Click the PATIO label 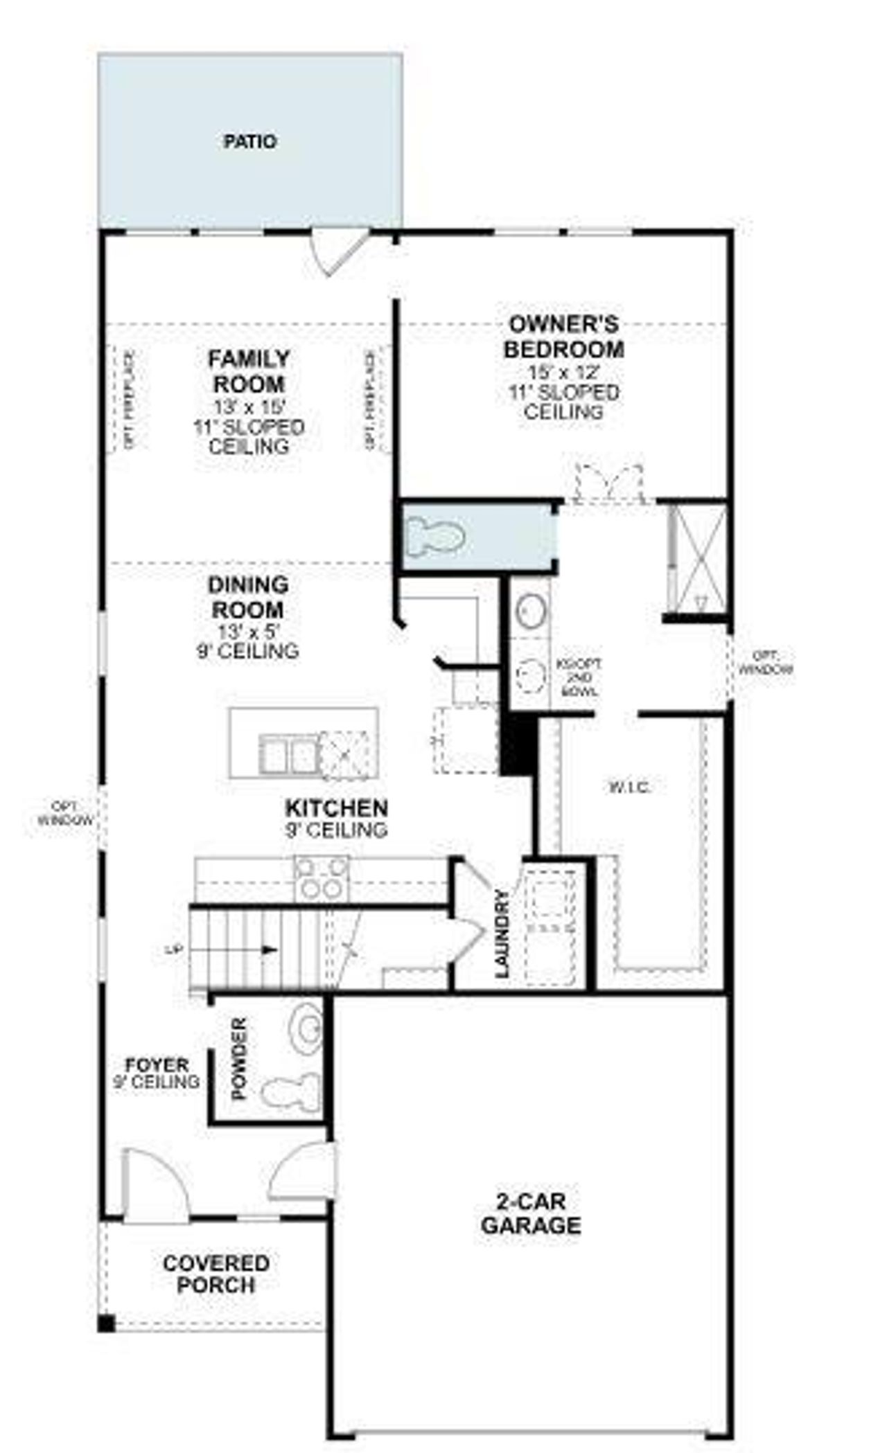(249, 142)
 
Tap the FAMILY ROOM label (249, 371)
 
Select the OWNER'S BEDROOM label (563, 337)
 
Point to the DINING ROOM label (248, 597)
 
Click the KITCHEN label (337, 808)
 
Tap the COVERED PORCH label (216, 1274)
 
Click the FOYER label (157, 1064)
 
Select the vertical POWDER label (239, 1058)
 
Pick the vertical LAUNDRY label (502, 934)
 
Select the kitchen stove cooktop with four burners (322, 878)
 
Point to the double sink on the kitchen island (288, 754)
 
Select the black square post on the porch (105, 1323)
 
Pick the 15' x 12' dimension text (563, 372)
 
